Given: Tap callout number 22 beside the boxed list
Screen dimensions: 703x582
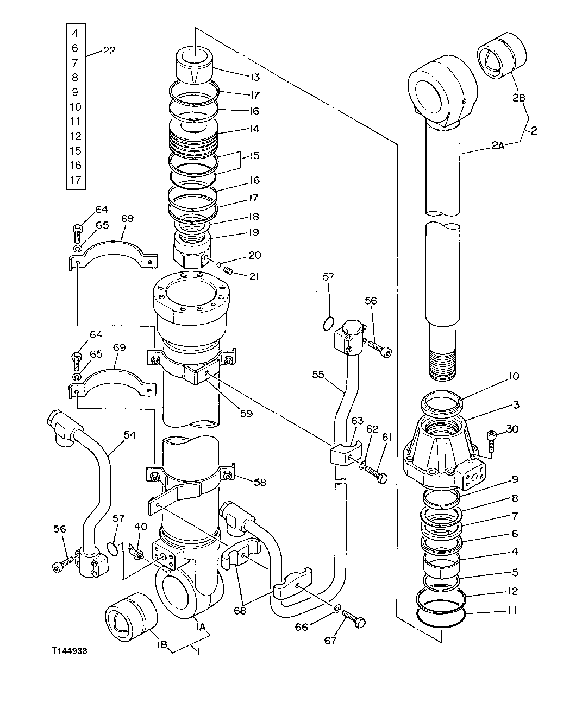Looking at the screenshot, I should pyautogui.click(x=109, y=51).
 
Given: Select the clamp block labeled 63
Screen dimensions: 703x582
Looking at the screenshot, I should pyautogui.click(x=343, y=455).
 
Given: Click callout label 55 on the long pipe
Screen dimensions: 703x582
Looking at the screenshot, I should pyautogui.click(x=319, y=374).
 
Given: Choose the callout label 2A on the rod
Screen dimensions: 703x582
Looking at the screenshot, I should pyautogui.click(x=498, y=145).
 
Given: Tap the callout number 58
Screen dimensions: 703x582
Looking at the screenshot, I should pyautogui.click(x=260, y=481).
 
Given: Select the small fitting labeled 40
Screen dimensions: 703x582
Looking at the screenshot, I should pyautogui.click(x=137, y=553).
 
